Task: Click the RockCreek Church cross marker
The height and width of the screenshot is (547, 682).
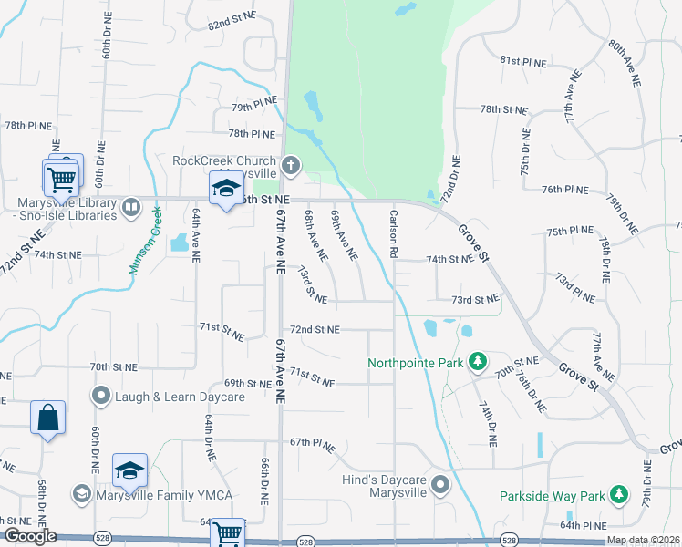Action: (290, 165)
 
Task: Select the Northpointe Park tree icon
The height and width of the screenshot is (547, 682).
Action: (476, 363)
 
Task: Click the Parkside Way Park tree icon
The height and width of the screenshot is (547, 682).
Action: (619, 495)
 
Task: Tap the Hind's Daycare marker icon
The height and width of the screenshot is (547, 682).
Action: (439, 485)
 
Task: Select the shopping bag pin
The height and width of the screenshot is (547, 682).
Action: (47, 419)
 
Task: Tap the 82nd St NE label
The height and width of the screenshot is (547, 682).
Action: (232, 26)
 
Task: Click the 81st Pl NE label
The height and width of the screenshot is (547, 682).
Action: (522, 62)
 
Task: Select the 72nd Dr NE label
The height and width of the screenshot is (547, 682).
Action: (449, 180)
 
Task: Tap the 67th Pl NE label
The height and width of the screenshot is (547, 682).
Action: (313, 446)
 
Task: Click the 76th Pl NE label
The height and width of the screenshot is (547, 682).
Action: (565, 190)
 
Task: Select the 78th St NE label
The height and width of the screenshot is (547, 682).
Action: (503, 109)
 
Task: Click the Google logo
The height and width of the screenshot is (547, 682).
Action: (29, 536)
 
